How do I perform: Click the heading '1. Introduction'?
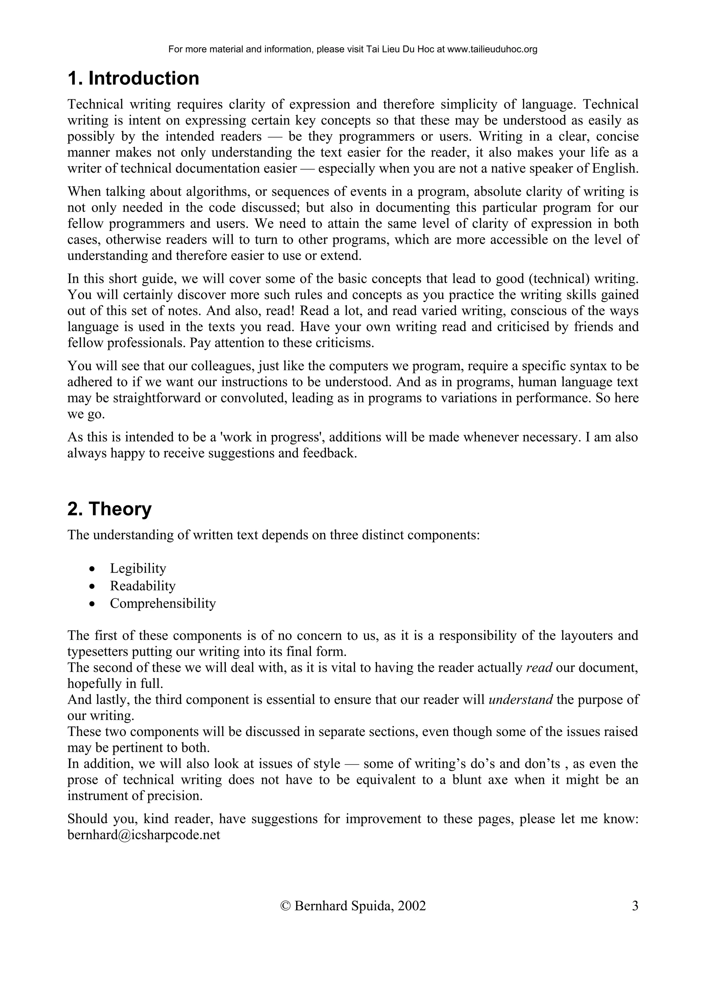(133, 79)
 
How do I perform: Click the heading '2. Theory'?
(109, 509)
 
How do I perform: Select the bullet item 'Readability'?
(143, 586)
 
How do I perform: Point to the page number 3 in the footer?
(635, 906)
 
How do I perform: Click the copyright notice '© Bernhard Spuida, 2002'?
(353, 906)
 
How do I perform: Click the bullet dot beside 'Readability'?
(91, 586)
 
